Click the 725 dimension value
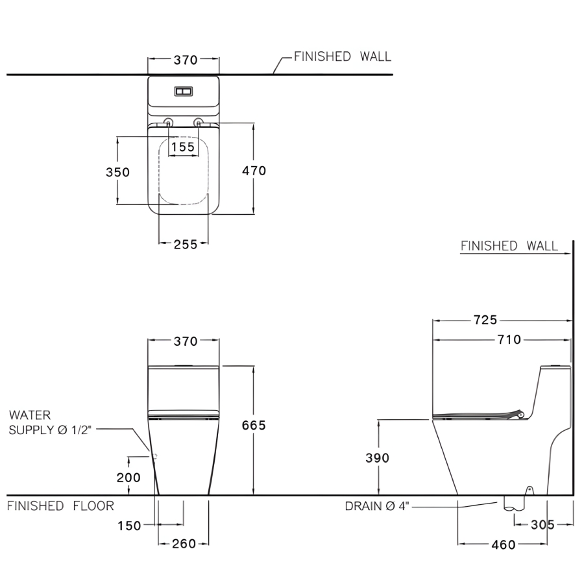click(485, 319)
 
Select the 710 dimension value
click(509, 339)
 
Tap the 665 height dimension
click(254, 425)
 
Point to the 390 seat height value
click(377, 457)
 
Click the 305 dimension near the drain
click(542, 525)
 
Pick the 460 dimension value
click(504, 544)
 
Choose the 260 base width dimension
click(184, 544)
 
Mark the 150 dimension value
click(129, 526)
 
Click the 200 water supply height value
click(128, 478)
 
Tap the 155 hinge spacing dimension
click(183, 147)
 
